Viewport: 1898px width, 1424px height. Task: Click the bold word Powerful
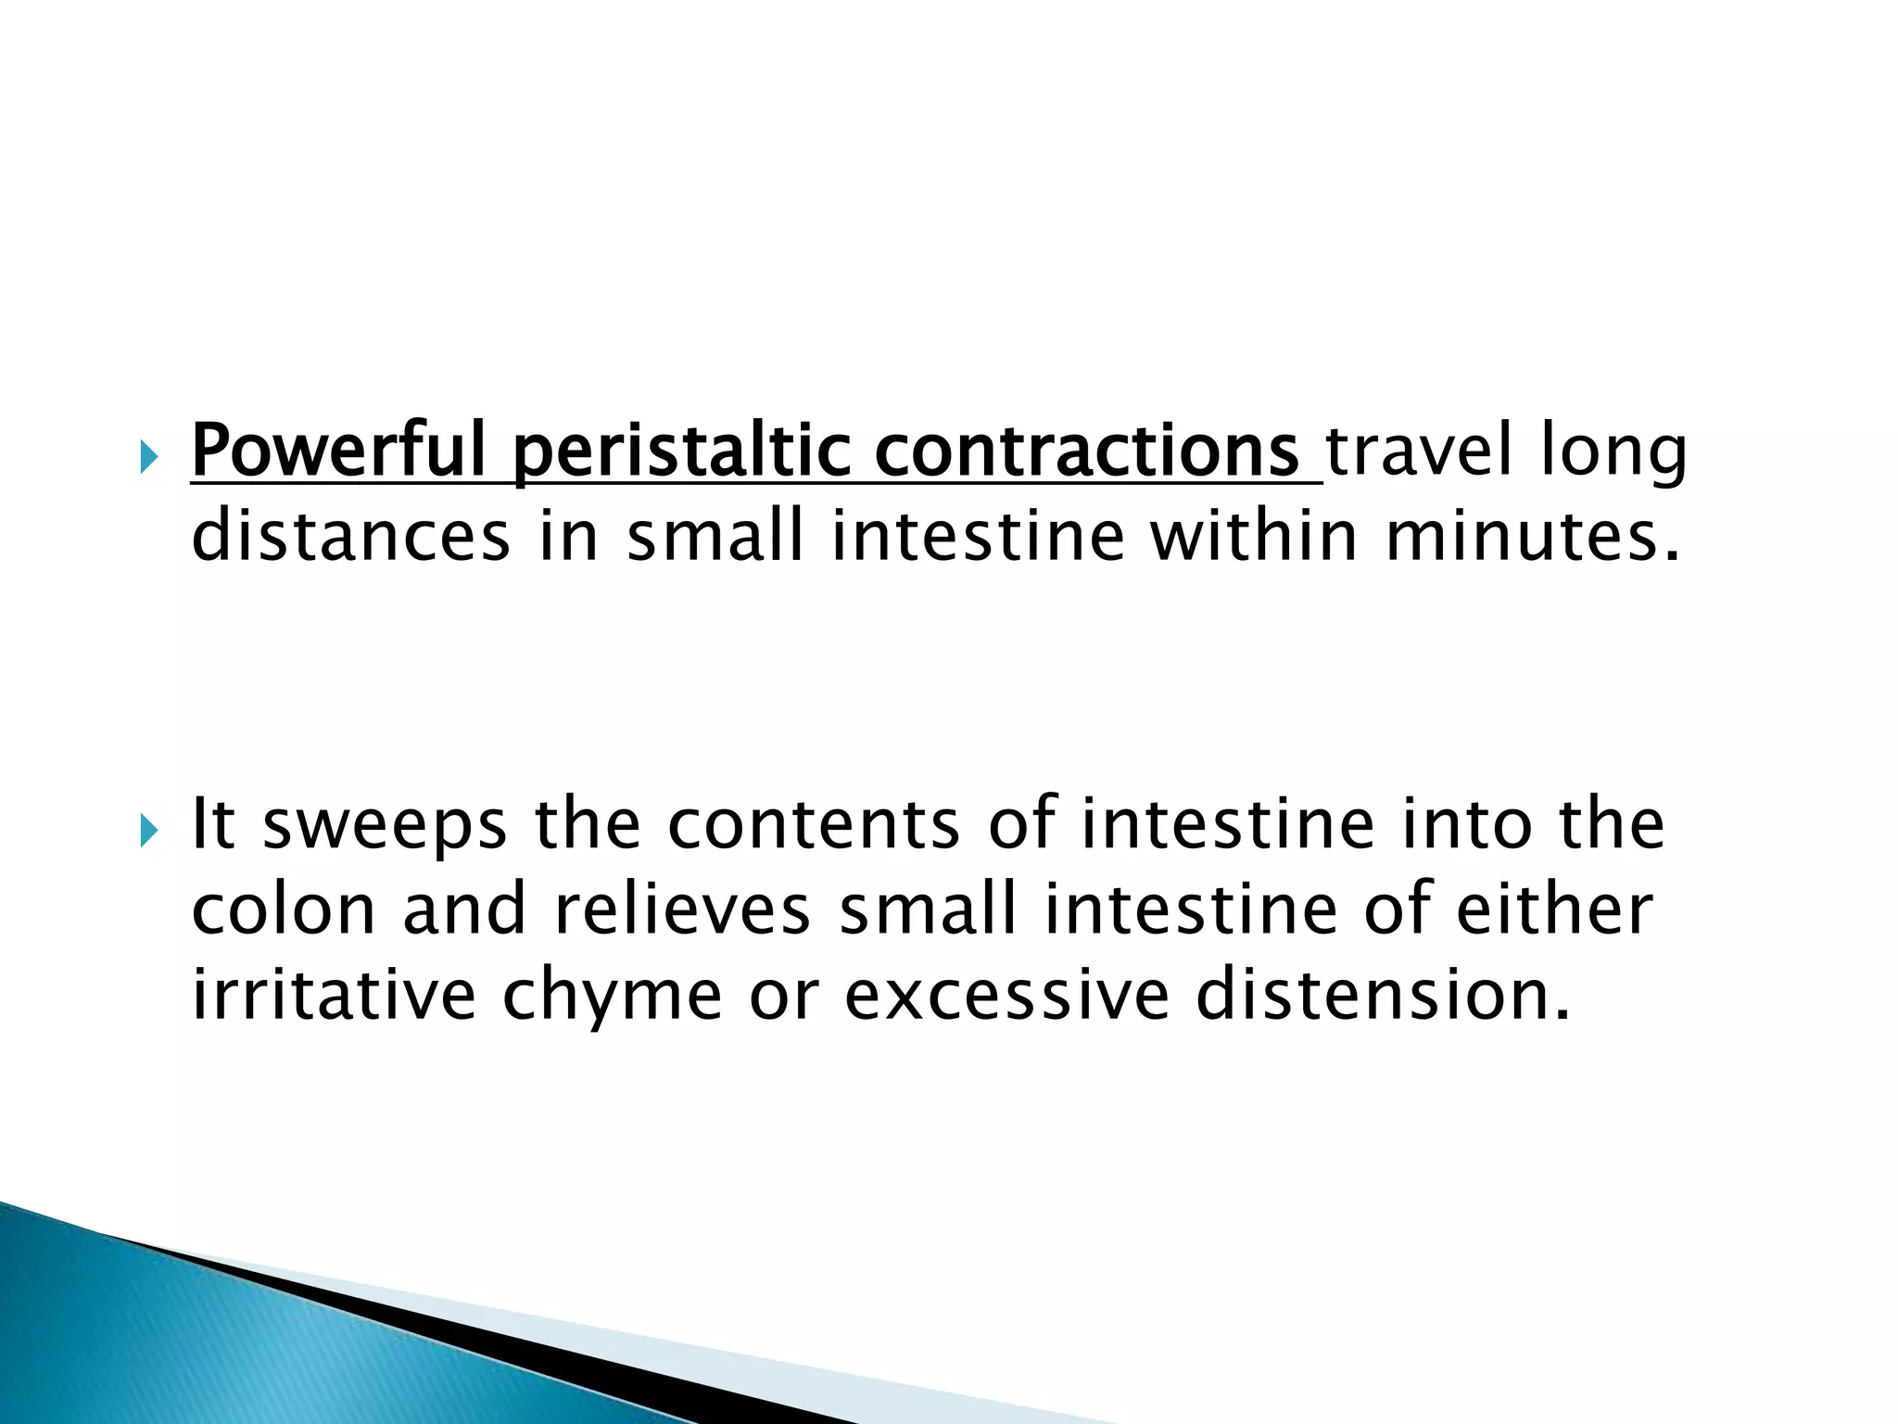click(338, 451)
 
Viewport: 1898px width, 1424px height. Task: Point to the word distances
click(350, 537)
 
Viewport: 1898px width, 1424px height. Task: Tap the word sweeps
click(385, 824)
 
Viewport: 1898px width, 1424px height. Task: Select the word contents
click(814, 824)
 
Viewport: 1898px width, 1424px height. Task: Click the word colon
click(283, 909)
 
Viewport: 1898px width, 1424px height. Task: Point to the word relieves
click(683, 909)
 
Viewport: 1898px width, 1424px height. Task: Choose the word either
click(1554, 909)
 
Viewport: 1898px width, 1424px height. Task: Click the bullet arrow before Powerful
click(149, 457)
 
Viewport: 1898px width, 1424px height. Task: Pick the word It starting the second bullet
click(211, 824)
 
